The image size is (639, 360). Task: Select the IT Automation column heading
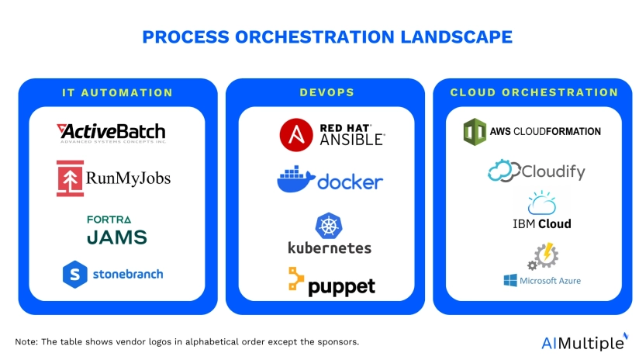click(117, 92)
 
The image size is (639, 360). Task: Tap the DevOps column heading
click(326, 92)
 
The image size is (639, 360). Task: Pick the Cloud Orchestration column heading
click(534, 92)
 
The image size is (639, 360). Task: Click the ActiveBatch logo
click(111, 132)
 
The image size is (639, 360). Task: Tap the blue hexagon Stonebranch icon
click(74, 273)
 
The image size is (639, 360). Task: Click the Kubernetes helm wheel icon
click(328, 226)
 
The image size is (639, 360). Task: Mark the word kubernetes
click(330, 248)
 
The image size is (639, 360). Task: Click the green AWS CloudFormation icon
click(473, 131)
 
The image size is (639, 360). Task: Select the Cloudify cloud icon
click(503, 171)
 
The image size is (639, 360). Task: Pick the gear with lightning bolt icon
click(544, 255)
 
